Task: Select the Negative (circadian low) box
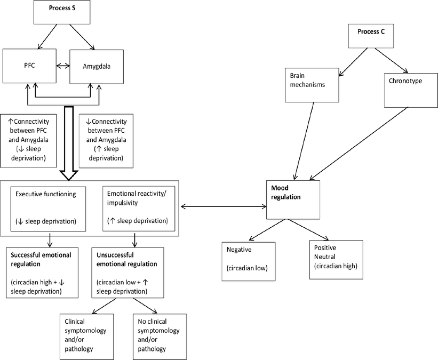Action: [249, 261]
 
